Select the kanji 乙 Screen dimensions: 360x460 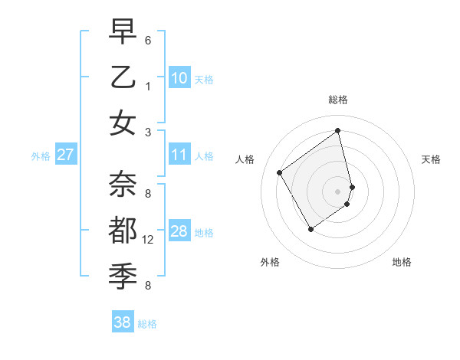pyautogui.click(x=123, y=77)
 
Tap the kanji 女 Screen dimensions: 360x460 pyautogui.click(x=123, y=123)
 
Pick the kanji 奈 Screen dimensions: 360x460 pyautogui.click(x=123, y=184)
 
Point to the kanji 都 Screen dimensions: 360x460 pyautogui.click(x=123, y=231)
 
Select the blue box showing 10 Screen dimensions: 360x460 pyautogui.click(x=179, y=78)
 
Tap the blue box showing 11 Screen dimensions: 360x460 pyautogui.click(x=179, y=155)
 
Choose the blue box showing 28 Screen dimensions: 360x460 pyautogui.click(x=179, y=231)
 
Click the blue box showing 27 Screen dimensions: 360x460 pyautogui.click(x=65, y=155)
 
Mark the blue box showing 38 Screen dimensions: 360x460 pyautogui.click(x=122, y=322)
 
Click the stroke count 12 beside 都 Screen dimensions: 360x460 pyautogui.click(x=148, y=240)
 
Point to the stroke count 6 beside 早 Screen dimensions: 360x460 pyautogui.click(x=147, y=39)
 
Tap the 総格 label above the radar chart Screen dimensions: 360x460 pyautogui.click(x=338, y=100)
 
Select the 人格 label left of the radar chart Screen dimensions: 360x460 pyautogui.click(x=245, y=159)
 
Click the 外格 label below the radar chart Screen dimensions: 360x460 pyautogui.click(x=270, y=262)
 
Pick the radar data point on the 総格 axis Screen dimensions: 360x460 pyautogui.click(x=338, y=131)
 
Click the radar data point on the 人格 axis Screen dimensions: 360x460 pyautogui.click(x=280, y=172)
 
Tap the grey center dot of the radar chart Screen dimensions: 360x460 pyautogui.click(x=338, y=191)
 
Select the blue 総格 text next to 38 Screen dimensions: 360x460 pyautogui.click(x=147, y=324)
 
